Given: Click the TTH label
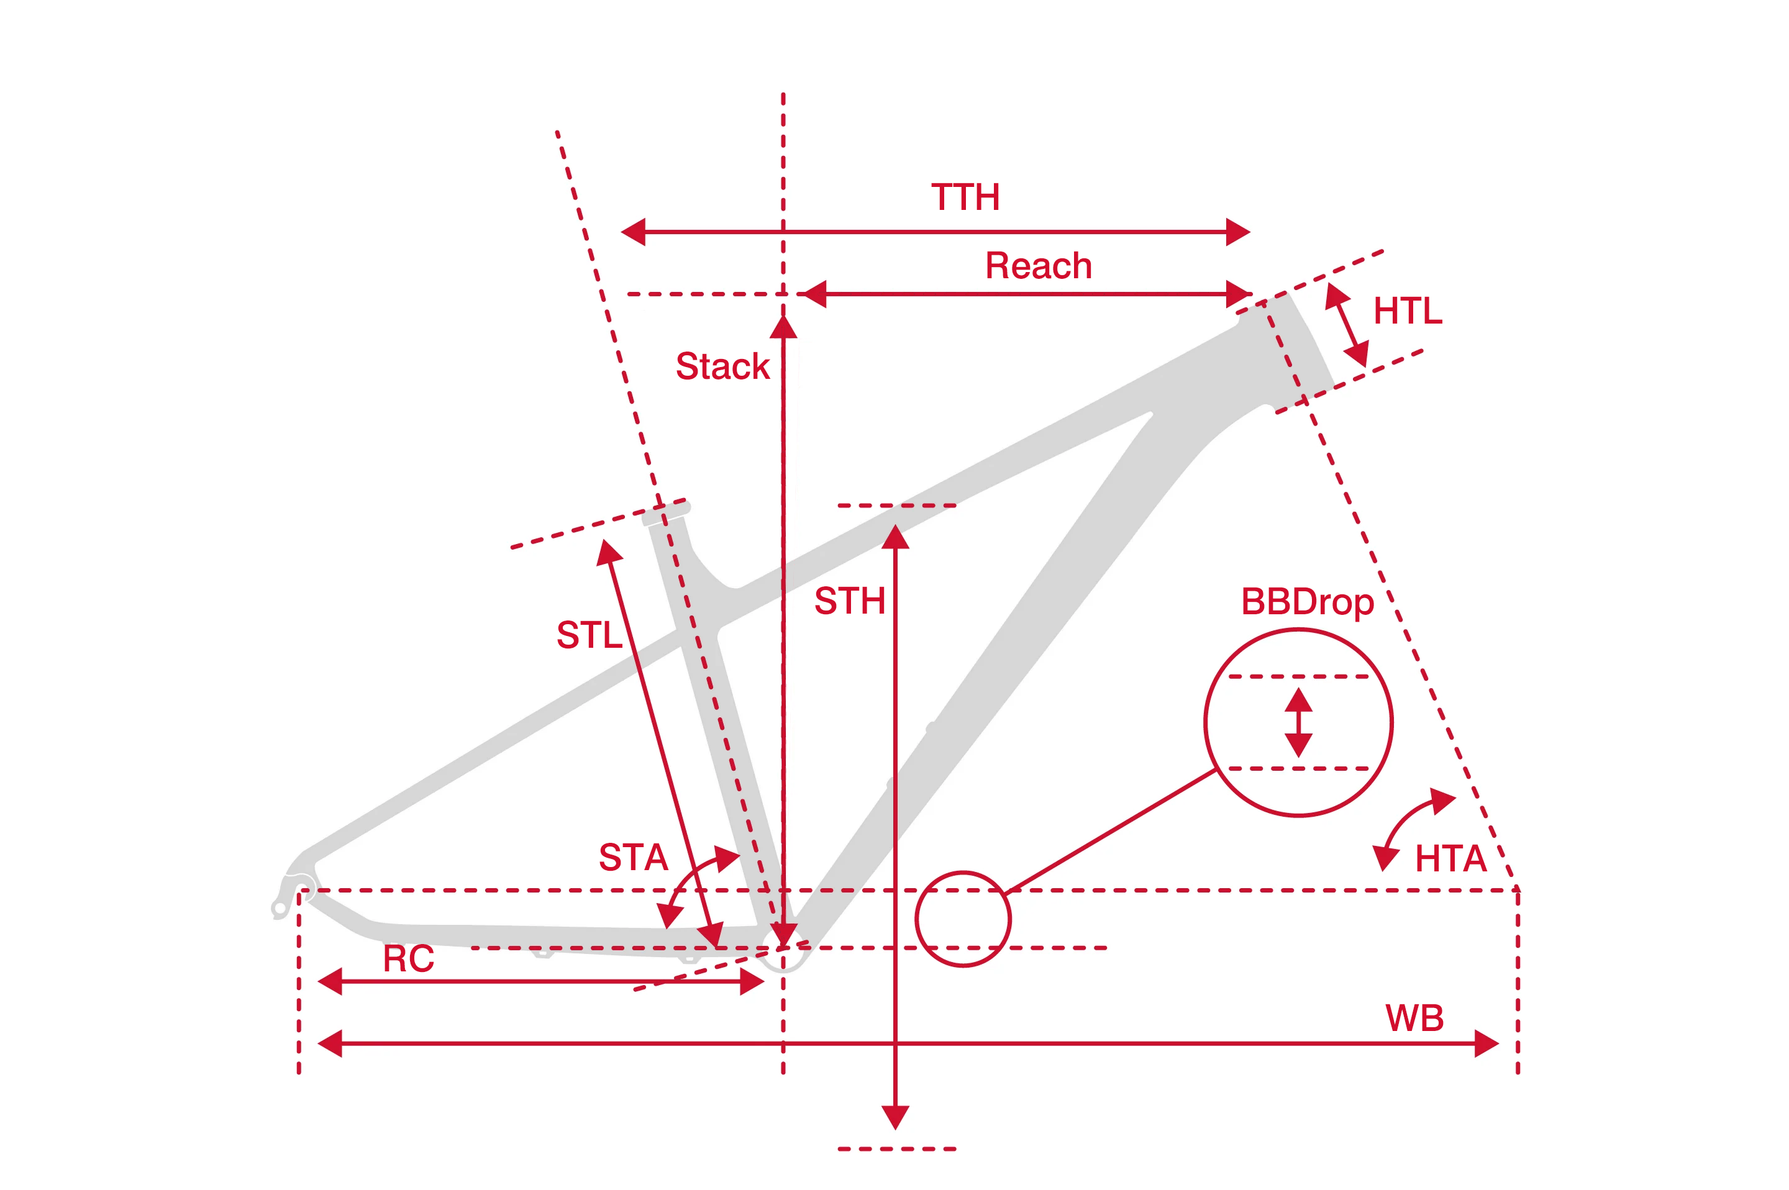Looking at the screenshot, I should (965, 198).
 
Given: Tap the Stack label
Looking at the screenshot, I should (722, 366).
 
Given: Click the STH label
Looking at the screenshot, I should (849, 601).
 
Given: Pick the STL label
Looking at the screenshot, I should (589, 635).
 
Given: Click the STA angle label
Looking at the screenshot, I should (633, 858).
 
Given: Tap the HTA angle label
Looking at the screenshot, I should (1450, 859).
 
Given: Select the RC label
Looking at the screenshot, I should (408, 960).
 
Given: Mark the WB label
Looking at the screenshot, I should (1414, 1019).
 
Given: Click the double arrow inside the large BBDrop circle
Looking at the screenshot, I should (1299, 722).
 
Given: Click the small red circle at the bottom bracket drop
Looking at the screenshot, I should (962, 919).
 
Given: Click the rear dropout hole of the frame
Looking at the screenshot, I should (280, 907).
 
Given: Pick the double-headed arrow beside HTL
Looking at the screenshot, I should (1347, 326).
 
